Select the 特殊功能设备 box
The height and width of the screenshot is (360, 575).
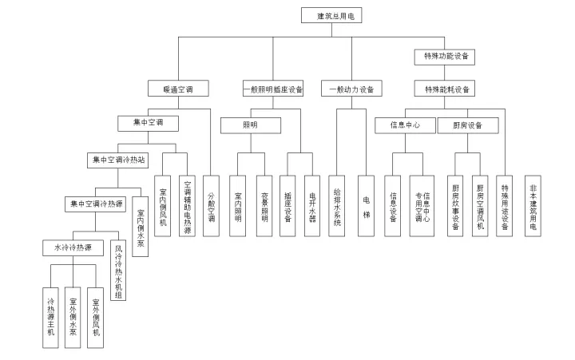446,57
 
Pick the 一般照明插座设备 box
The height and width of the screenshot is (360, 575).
272,89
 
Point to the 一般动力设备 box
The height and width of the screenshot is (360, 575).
351,89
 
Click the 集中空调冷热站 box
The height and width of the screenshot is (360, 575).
117,160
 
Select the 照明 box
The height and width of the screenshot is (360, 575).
251,125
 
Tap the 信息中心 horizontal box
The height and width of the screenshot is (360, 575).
404,125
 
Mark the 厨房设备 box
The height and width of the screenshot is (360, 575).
467,125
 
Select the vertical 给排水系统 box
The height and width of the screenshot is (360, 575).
338,205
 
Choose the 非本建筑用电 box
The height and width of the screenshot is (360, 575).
533,205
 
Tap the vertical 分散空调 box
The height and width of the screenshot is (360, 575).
212,205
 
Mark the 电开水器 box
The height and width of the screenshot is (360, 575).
312,205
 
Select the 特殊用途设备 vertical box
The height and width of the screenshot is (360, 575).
504,205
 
